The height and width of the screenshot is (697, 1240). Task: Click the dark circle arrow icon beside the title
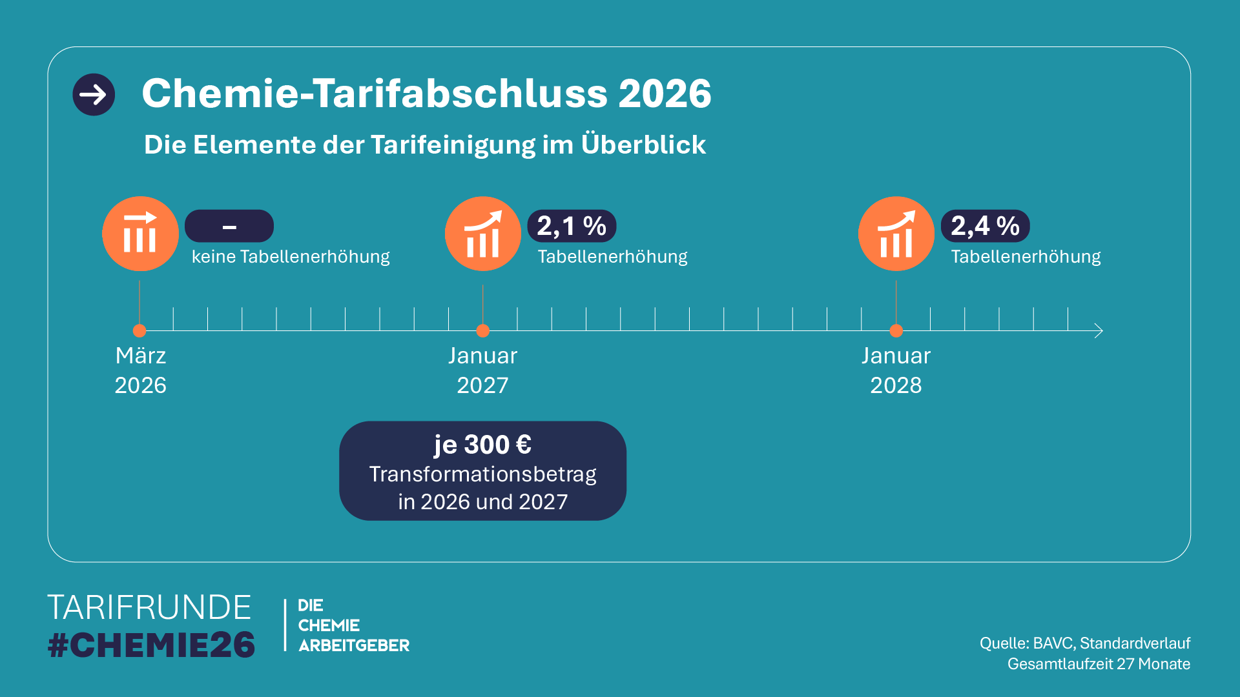[x=94, y=95]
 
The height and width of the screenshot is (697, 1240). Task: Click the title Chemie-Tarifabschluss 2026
[x=426, y=94]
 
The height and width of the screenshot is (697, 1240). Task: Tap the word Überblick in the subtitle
[x=643, y=145]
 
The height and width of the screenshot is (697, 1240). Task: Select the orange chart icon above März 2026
[x=140, y=234]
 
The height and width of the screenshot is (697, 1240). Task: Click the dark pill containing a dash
[x=229, y=226]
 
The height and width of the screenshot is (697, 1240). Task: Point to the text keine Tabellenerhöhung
[x=291, y=257]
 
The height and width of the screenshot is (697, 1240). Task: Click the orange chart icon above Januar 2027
[x=483, y=234]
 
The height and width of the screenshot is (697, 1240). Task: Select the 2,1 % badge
[x=572, y=226]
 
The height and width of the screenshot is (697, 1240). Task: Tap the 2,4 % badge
[x=985, y=226]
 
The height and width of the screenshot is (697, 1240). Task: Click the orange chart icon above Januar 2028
[x=896, y=234]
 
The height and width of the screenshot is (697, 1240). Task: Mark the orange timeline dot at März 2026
[x=139, y=331]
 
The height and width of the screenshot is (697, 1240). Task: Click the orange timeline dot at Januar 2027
[x=483, y=331]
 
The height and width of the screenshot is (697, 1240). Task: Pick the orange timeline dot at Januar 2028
[x=896, y=331]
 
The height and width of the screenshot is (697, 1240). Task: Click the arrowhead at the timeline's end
[x=1098, y=331]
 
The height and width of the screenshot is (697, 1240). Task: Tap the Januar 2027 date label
[x=483, y=370]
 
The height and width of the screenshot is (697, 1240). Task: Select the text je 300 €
[x=482, y=445]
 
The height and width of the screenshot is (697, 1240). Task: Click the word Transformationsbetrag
[x=482, y=474]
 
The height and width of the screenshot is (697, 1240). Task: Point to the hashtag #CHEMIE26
[x=152, y=645]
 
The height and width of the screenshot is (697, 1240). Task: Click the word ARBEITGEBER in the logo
[x=354, y=645]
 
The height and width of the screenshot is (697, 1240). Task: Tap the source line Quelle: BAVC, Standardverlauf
[x=1085, y=643]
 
